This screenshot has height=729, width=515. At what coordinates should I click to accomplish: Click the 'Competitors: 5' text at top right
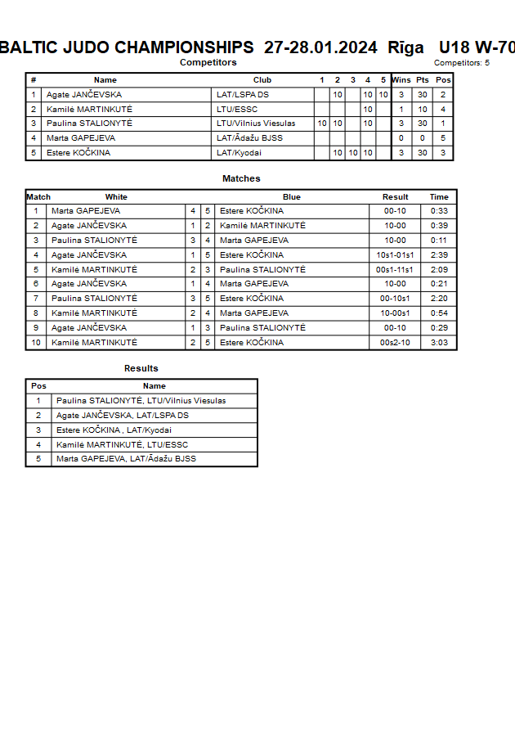pyautogui.click(x=462, y=63)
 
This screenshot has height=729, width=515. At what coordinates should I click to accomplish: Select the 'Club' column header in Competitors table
pyautogui.click(x=262, y=80)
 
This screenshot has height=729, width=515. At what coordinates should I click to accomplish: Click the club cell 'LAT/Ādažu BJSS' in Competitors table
pyautogui.click(x=249, y=138)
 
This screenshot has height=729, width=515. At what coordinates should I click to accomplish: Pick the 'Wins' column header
pyautogui.click(x=401, y=80)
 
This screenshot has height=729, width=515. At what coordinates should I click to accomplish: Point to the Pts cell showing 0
pyautogui.click(x=422, y=138)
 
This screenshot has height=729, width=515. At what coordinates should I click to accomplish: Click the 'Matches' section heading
pyautogui.click(x=241, y=178)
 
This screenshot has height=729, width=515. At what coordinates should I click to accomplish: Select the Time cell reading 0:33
pyautogui.click(x=439, y=211)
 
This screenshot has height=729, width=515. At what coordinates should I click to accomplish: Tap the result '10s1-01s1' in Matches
pyautogui.click(x=395, y=255)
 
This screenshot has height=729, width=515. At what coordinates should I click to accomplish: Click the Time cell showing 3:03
pyautogui.click(x=439, y=343)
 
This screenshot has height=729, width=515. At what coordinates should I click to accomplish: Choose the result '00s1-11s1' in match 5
pyautogui.click(x=395, y=270)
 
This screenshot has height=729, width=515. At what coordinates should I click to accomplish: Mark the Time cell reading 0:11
pyautogui.click(x=439, y=241)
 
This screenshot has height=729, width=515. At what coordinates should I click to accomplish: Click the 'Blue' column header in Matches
pyautogui.click(x=292, y=197)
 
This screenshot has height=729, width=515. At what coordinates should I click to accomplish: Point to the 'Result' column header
pyautogui.click(x=396, y=197)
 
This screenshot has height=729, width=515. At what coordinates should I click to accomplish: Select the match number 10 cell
pyautogui.click(x=36, y=343)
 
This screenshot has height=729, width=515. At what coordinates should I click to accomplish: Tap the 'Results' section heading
pyautogui.click(x=141, y=368)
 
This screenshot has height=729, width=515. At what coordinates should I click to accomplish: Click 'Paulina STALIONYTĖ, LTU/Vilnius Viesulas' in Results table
pyautogui.click(x=141, y=401)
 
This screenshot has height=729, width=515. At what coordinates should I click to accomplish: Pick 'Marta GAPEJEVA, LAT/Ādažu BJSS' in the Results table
pyautogui.click(x=126, y=459)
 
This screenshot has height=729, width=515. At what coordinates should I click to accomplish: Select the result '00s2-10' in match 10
pyautogui.click(x=395, y=343)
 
